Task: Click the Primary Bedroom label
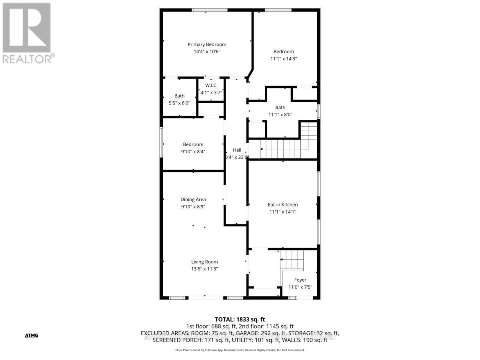coord(207,44)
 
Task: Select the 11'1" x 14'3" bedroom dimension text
coord(283,58)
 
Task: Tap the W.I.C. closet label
coord(211,86)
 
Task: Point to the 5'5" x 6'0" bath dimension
coord(179,103)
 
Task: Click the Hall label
coord(237,150)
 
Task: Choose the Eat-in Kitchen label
coord(283,205)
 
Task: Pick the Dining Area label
coord(193,200)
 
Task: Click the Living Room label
coord(204,262)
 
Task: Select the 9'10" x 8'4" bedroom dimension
coord(193,151)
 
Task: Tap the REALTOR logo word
coord(26,58)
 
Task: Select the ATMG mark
coord(31,335)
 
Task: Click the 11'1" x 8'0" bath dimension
coord(280,114)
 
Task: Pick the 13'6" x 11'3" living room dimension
coord(204,269)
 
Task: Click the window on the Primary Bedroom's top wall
coord(209,10)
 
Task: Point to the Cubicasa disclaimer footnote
coord(240,350)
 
